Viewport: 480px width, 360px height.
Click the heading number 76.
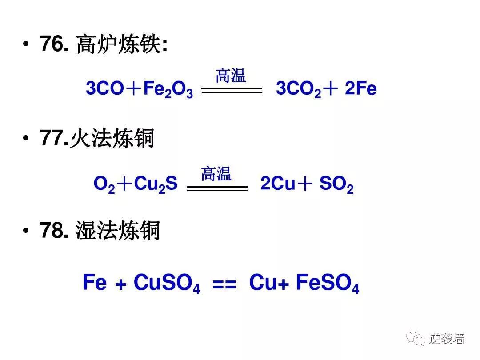pos(54,44)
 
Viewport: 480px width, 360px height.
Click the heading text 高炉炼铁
pos(118,45)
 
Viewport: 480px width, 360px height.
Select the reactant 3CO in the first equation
pos(105,89)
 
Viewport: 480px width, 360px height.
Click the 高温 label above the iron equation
pos(231,76)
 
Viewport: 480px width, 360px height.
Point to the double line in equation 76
pos(232,90)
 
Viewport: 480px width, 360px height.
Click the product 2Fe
pos(360,89)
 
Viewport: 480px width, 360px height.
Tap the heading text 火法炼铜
pos(112,139)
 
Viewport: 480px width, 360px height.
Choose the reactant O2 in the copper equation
pos(104,184)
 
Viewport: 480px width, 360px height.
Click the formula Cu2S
pos(156,184)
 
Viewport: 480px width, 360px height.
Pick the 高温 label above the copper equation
pos(216,173)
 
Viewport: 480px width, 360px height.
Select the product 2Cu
pos(278,184)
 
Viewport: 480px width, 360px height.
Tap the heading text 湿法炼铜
pos(118,231)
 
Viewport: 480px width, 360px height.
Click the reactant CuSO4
pos(167,283)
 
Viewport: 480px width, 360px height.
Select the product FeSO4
pos(327,283)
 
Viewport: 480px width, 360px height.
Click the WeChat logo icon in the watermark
pos(417,339)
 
